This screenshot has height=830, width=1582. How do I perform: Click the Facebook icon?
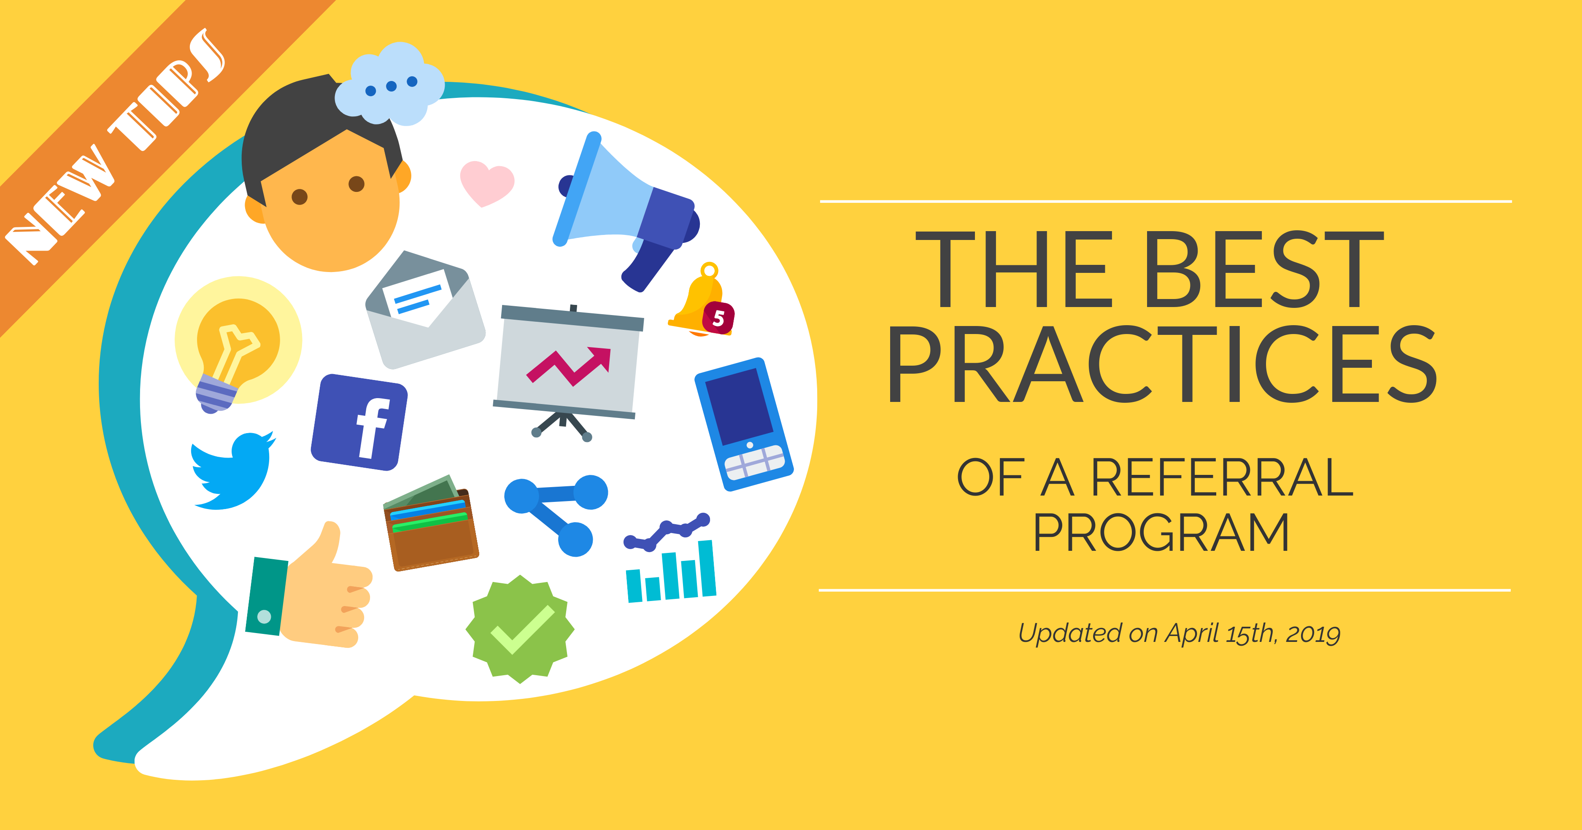coord(359,422)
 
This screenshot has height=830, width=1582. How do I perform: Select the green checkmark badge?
coord(520,629)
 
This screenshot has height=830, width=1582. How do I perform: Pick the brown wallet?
coord(430,523)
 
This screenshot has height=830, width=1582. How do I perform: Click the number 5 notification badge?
coord(718,318)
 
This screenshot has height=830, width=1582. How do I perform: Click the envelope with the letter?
coord(425,310)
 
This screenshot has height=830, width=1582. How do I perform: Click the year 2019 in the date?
coord(1313,633)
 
